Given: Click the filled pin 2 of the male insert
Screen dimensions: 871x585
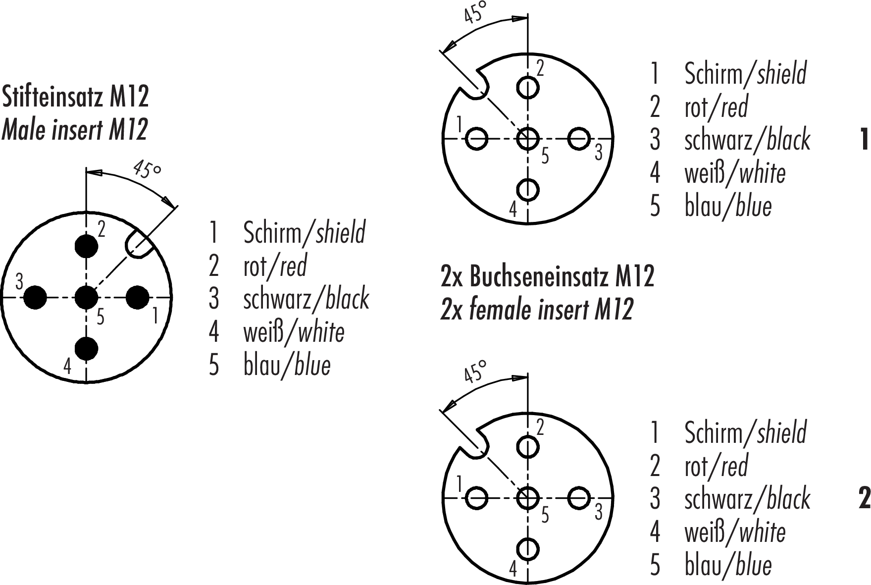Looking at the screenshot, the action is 86,246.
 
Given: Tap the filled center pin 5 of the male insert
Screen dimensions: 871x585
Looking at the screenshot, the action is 86,297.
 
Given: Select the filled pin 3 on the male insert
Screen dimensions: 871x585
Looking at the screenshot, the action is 35,297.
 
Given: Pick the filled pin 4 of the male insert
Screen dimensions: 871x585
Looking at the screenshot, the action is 86,349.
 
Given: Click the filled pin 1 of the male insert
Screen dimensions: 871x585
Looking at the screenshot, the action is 138,297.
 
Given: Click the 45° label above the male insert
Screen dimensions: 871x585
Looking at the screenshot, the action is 147,170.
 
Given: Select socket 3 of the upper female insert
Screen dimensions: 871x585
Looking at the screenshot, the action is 579,139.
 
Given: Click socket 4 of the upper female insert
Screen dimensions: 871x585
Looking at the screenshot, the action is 528,189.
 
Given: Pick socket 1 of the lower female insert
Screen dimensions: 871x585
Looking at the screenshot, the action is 477,498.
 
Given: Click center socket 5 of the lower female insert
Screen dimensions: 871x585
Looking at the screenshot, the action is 528,498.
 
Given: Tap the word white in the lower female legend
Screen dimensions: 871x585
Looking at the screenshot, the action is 762,532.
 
